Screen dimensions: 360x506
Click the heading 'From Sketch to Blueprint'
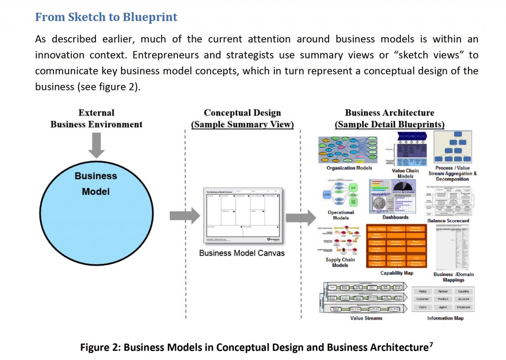(x=106, y=18)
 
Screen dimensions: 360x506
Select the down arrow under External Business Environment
(x=96, y=145)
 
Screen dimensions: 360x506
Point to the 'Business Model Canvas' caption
(x=242, y=253)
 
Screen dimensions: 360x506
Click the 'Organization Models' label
(x=349, y=168)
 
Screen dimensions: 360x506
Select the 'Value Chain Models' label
(x=405, y=173)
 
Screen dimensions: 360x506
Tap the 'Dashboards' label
(x=395, y=217)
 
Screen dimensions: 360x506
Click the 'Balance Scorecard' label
(x=448, y=221)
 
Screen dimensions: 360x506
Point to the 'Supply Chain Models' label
(x=340, y=262)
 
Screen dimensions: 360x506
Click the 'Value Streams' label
(x=366, y=318)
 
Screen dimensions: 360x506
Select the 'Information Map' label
(x=445, y=318)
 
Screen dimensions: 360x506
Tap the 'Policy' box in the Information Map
(x=423, y=291)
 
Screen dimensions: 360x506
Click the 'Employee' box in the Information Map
(x=464, y=307)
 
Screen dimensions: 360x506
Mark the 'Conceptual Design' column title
(x=242, y=113)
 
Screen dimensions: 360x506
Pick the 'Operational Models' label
(x=341, y=215)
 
